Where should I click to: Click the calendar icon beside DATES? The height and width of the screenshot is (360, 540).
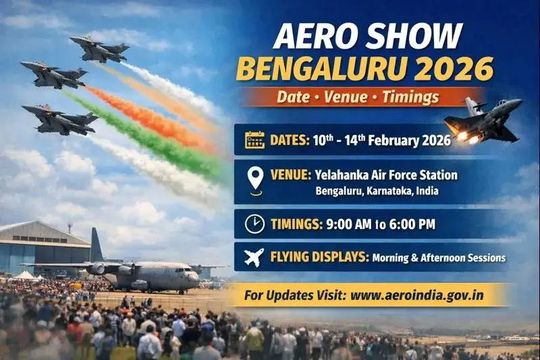pos(254,140)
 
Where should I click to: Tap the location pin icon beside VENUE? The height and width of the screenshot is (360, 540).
pos(254,180)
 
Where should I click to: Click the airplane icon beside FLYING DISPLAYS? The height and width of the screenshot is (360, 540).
pos(254,257)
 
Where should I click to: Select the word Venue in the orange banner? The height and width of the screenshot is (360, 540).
pos(342,97)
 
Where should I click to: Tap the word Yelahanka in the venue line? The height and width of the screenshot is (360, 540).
pos(340,175)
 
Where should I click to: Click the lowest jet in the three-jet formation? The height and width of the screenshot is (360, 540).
pos(59,119)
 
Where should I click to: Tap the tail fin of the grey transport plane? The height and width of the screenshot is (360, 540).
pos(97,244)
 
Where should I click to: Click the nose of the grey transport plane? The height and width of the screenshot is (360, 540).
pos(196,276)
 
